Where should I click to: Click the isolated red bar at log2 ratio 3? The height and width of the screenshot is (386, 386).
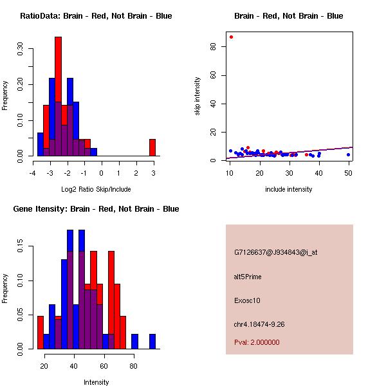click(x=152, y=147)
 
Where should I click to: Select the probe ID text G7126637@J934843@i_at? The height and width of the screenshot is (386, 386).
click(x=275, y=252)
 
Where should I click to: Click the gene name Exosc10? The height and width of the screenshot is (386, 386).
click(x=247, y=300)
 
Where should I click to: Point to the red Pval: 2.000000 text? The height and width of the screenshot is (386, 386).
click(x=257, y=342)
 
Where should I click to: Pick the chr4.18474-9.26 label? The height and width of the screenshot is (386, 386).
click(x=268, y=324)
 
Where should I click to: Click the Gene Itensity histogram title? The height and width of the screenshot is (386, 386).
click(x=96, y=209)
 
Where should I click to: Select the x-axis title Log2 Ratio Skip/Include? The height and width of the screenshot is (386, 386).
click(x=96, y=188)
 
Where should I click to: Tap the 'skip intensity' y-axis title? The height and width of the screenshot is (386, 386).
click(x=198, y=96)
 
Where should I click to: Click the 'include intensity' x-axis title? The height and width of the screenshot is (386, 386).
click(x=289, y=188)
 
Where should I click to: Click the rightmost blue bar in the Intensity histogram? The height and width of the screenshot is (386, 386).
click(x=152, y=341)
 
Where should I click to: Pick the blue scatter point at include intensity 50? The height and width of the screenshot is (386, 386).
click(x=348, y=154)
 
